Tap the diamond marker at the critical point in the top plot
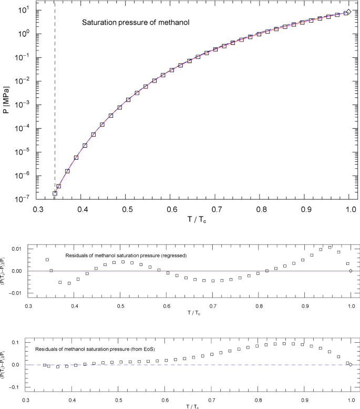[x=348, y=12]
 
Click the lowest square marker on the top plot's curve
[x=55, y=193]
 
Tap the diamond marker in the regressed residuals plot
[x=351, y=271]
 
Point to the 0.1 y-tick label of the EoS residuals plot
[x=18, y=342]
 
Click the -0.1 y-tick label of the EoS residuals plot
[x=17, y=387]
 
